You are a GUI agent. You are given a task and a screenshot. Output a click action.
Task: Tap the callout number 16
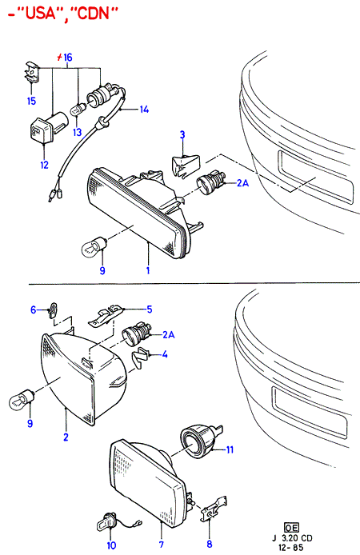(x=68, y=57)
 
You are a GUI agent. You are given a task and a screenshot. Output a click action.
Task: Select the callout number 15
(x=31, y=101)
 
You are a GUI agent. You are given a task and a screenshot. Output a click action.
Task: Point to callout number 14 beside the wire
(x=144, y=110)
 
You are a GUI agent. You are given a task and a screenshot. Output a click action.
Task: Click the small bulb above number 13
(x=78, y=109)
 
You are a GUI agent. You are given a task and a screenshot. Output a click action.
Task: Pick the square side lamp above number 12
(x=47, y=128)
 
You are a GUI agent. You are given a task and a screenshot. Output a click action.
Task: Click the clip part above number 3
(x=185, y=165)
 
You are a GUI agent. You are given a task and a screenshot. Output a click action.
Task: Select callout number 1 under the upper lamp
(x=148, y=270)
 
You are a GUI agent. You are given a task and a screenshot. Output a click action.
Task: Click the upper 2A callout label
(x=243, y=183)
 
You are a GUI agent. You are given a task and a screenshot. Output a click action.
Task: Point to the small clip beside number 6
(x=53, y=310)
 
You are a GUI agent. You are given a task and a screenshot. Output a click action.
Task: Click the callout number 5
(x=150, y=309)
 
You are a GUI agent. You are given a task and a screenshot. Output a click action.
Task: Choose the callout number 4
(x=165, y=354)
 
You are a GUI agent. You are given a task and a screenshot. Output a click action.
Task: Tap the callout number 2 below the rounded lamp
(x=66, y=437)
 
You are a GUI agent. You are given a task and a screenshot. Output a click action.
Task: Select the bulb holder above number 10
(x=106, y=523)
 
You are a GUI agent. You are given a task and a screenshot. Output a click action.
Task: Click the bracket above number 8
(x=214, y=509)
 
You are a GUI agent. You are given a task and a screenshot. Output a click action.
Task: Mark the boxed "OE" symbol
(x=292, y=528)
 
